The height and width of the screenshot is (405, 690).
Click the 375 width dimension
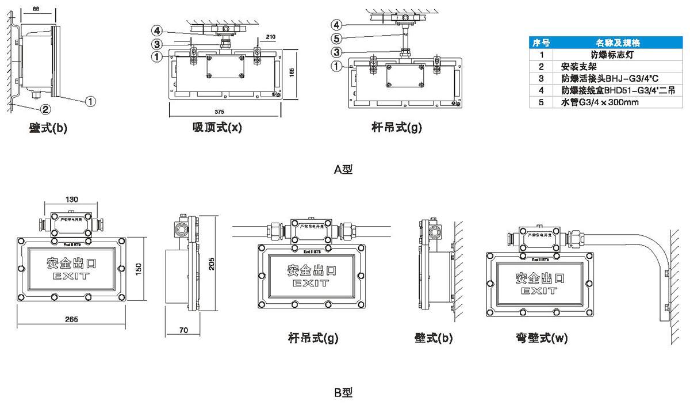pos(219,111)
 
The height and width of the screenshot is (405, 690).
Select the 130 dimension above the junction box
pos(72,200)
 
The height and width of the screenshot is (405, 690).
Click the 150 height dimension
pos(138,268)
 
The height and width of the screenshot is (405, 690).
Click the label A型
pos(343,169)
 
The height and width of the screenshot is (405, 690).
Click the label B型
pos(343,393)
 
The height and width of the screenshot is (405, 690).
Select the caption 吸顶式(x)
pos(217,128)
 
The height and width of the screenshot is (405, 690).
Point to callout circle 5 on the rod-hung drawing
pos(338,39)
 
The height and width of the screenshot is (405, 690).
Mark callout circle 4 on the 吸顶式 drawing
pos(157,30)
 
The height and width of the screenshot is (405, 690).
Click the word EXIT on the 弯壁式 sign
pos(539,291)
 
